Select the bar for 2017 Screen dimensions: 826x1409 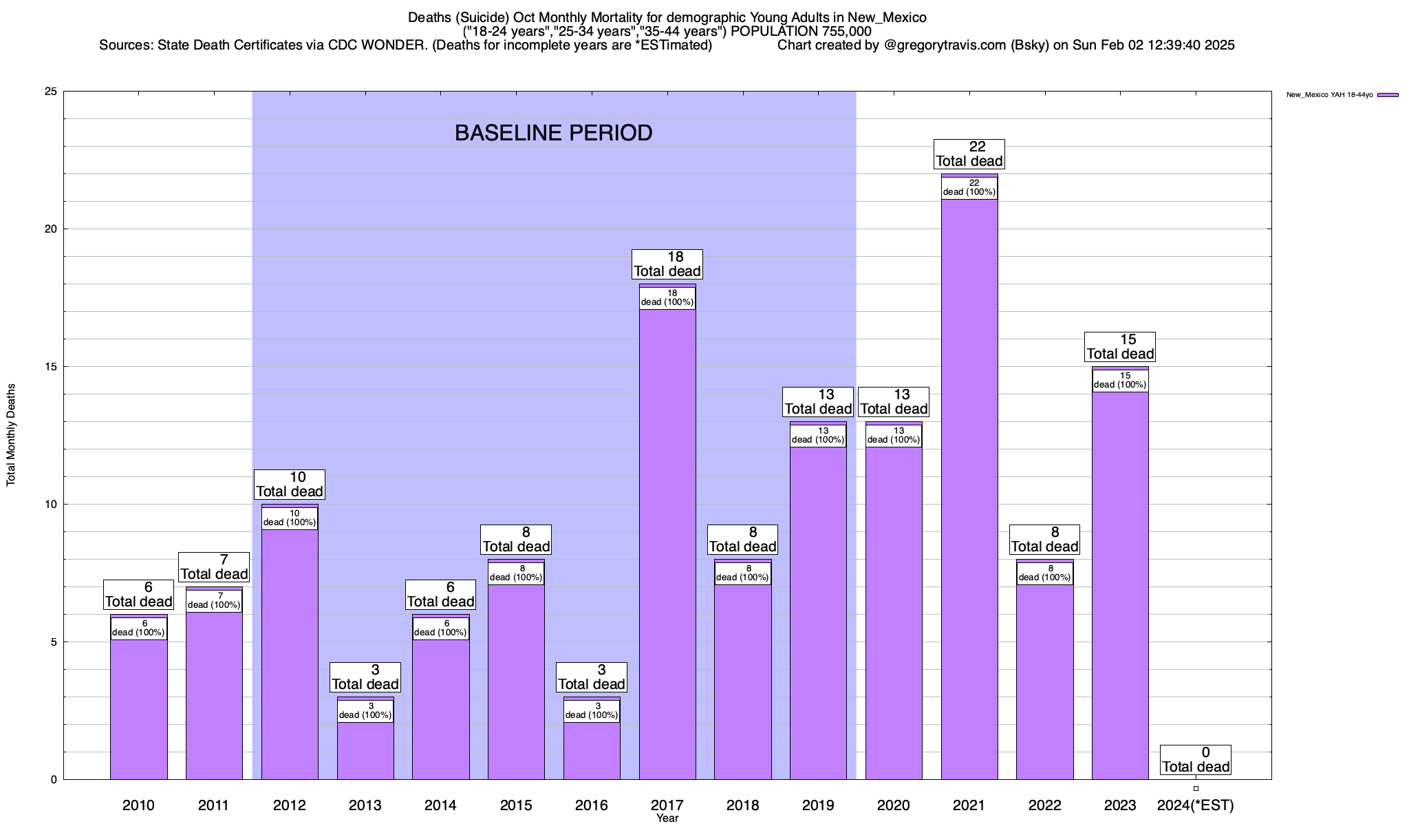(667, 544)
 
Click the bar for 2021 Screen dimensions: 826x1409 (969, 489)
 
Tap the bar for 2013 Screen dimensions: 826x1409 (365, 750)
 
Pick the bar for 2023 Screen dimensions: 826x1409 (1120, 585)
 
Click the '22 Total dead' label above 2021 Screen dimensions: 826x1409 (969, 153)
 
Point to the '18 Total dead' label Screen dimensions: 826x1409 (667, 264)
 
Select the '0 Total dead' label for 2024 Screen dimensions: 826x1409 (1196, 759)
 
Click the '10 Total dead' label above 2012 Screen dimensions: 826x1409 (289, 484)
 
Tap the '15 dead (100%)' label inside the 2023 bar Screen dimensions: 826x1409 (1120, 381)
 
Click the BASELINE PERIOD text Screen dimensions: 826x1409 (553, 133)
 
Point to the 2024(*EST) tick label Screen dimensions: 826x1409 (1196, 805)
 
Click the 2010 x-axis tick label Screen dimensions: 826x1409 (138, 805)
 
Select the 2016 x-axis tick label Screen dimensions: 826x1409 (592, 805)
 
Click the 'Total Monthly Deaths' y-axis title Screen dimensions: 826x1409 (11, 435)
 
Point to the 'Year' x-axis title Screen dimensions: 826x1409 (667, 818)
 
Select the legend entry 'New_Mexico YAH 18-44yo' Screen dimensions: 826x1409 (1342, 95)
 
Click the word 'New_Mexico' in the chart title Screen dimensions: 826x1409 (891, 18)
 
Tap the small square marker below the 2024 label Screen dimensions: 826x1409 (1196, 788)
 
